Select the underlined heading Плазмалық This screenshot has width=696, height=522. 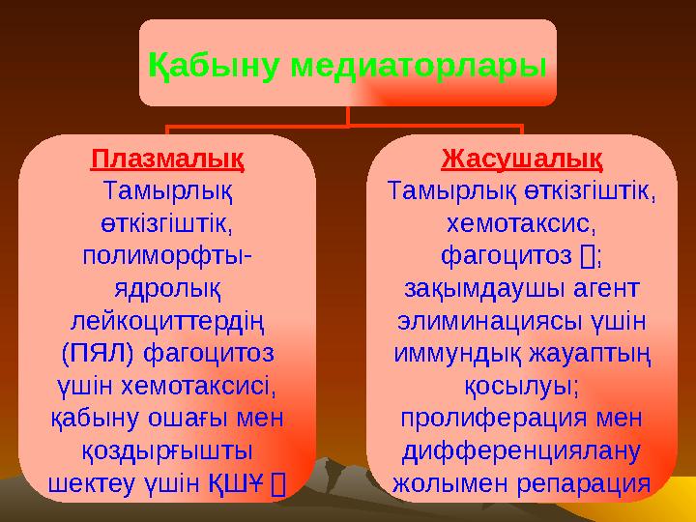click(x=166, y=157)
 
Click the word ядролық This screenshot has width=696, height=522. click(x=166, y=289)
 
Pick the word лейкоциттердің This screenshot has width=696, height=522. click(x=166, y=321)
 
